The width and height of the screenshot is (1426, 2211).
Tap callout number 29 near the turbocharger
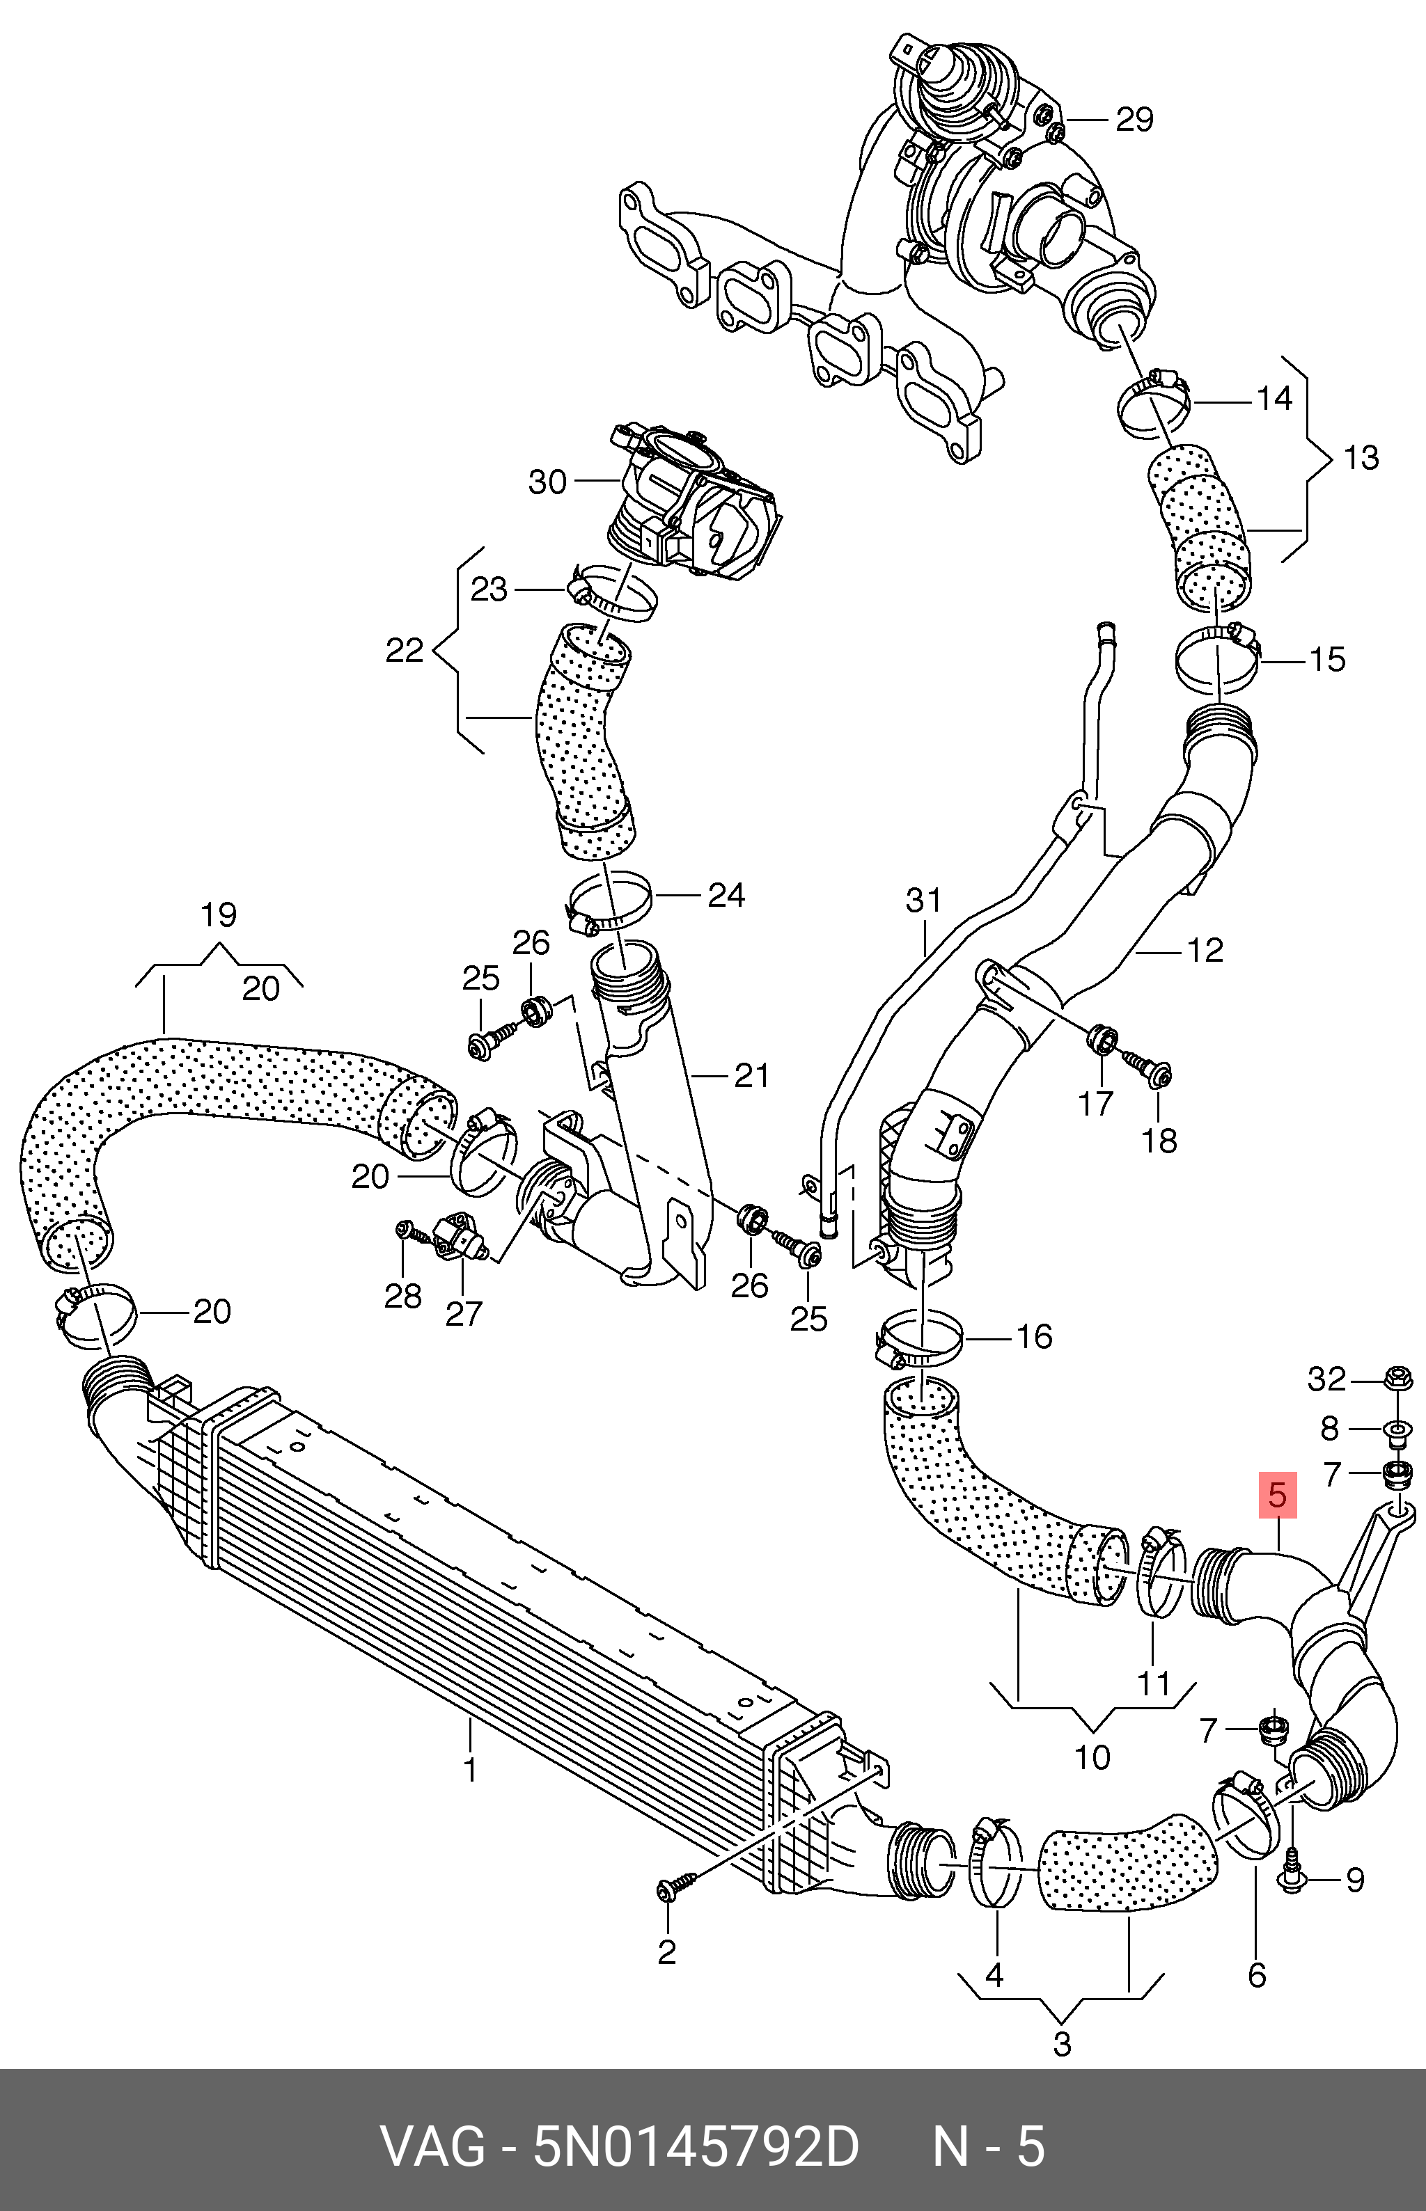tap(1134, 120)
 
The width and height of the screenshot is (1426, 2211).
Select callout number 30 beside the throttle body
tap(547, 482)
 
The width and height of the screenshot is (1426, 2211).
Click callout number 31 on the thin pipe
tap(923, 900)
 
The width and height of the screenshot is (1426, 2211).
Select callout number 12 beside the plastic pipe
tap(1205, 949)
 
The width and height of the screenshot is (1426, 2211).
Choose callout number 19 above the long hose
tap(219, 914)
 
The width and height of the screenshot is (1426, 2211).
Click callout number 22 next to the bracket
tap(404, 651)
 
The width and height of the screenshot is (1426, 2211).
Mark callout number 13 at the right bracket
tap(1361, 457)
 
